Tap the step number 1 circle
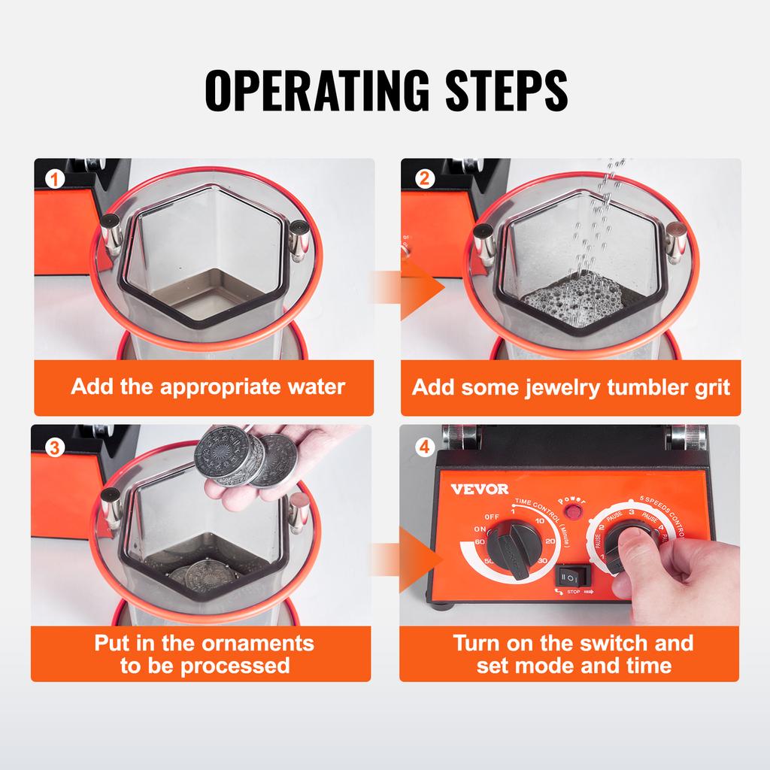click(x=53, y=179)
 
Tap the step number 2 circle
click(x=426, y=179)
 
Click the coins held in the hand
click(x=244, y=459)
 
